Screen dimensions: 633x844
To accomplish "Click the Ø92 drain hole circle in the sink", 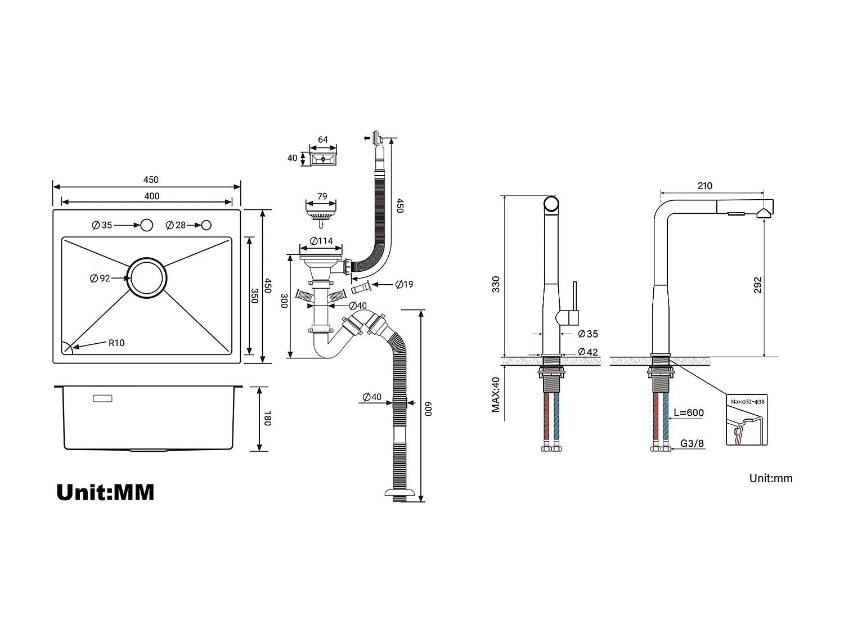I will pyautogui.click(x=147, y=278).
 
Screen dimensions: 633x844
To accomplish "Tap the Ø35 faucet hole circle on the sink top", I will pyautogui.click(x=147, y=225).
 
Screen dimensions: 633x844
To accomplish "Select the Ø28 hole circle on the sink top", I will pyautogui.click(x=206, y=225).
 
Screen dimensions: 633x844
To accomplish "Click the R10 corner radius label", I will pyautogui.click(x=116, y=343).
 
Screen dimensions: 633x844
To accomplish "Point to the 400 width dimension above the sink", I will pyautogui.click(x=151, y=196).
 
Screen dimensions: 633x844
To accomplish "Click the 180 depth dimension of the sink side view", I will pyautogui.click(x=268, y=419).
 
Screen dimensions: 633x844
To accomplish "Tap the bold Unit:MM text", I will pyautogui.click(x=105, y=492).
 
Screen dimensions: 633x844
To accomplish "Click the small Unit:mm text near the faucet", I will pyautogui.click(x=770, y=478).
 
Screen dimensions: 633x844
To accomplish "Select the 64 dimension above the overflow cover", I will pyautogui.click(x=323, y=140).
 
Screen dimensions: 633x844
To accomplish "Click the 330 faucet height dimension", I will pyautogui.click(x=496, y=284).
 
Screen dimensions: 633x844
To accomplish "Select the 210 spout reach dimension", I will pyautogui.click(x=704, y=186).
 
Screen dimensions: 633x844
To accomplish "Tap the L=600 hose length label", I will pyautogui.click(x=689, y=412).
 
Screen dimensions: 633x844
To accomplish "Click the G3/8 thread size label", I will pyautogui.click(x=692, y=443).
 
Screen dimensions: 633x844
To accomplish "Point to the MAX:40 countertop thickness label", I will pyautogui.click(x=496, y=394).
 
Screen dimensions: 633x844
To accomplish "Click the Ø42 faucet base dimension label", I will pyautogui.click(x=588, y=352).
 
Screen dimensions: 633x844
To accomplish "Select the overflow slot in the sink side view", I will pyautogui.click(x=102, y=398).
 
